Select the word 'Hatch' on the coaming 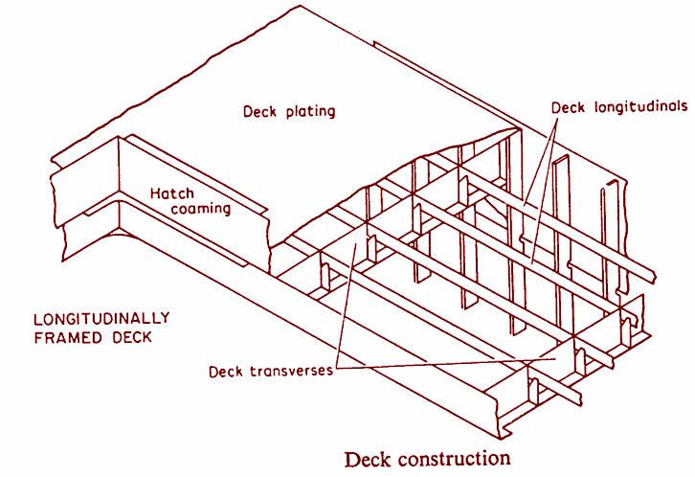coord(172,193)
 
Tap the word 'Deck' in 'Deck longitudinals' coord(569,107)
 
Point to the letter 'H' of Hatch coord(154,193)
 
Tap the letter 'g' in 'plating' coord(329,113)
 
